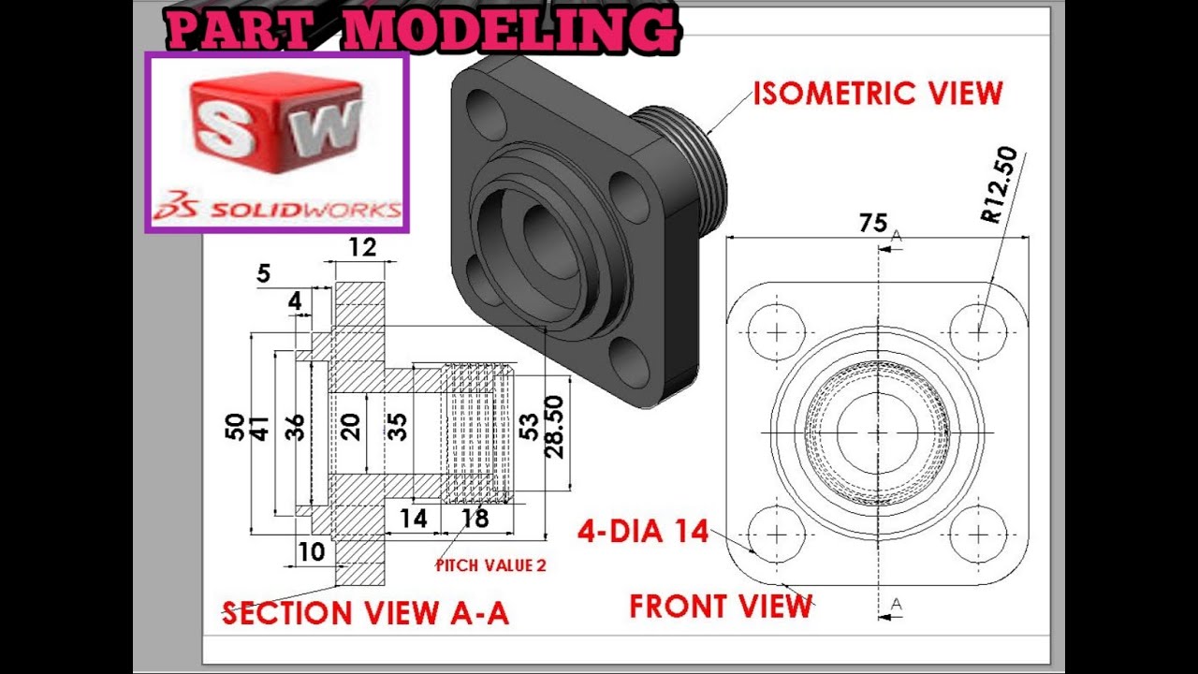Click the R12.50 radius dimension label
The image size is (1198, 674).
pyautogui.click(x=999, y=185)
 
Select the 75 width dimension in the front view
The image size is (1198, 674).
pyautogui.click(x=873, y=223)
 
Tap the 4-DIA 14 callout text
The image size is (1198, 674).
pyautogui.click(x=644, y=532)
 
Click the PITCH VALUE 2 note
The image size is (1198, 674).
pyautogui.click(x=490, y=565)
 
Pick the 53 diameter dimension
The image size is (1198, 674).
pyautogui.click(x=530, y=427)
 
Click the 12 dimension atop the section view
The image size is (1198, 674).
pyautogui.click(x=361, y=247)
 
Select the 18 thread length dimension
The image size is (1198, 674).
pyautogui.click(x=475, y=518)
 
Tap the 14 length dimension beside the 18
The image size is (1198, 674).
pyautogui.click(x=413, y=518)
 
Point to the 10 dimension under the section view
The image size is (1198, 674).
pyautogui.click(x=311, y=551)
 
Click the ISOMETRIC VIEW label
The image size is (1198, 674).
pyautogui.click(x=878, y=94)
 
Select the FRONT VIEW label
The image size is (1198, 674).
pyautogui.click(x=721, y=607)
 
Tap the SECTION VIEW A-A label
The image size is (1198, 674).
pyautogui.click(x=366, y=613)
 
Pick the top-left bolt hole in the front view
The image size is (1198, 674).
pyautogui.click(x=777, y=331)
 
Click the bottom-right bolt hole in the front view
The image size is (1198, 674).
pyautogui.click(x=978, y=535)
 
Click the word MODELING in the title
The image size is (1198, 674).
pyautogui.click(x=508, y=32)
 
